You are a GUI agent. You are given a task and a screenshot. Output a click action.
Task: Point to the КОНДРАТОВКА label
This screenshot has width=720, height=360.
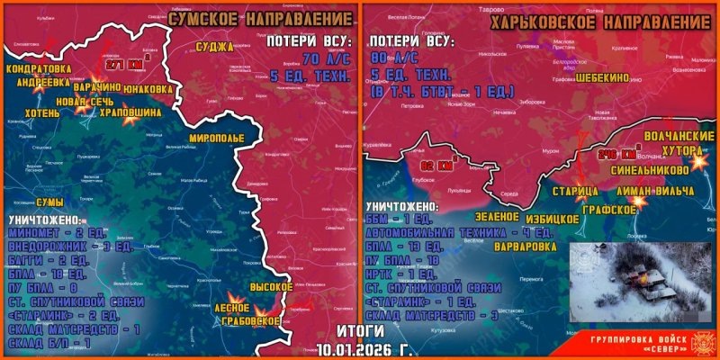39,68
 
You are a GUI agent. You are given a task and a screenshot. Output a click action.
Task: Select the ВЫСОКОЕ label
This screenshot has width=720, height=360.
270,287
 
